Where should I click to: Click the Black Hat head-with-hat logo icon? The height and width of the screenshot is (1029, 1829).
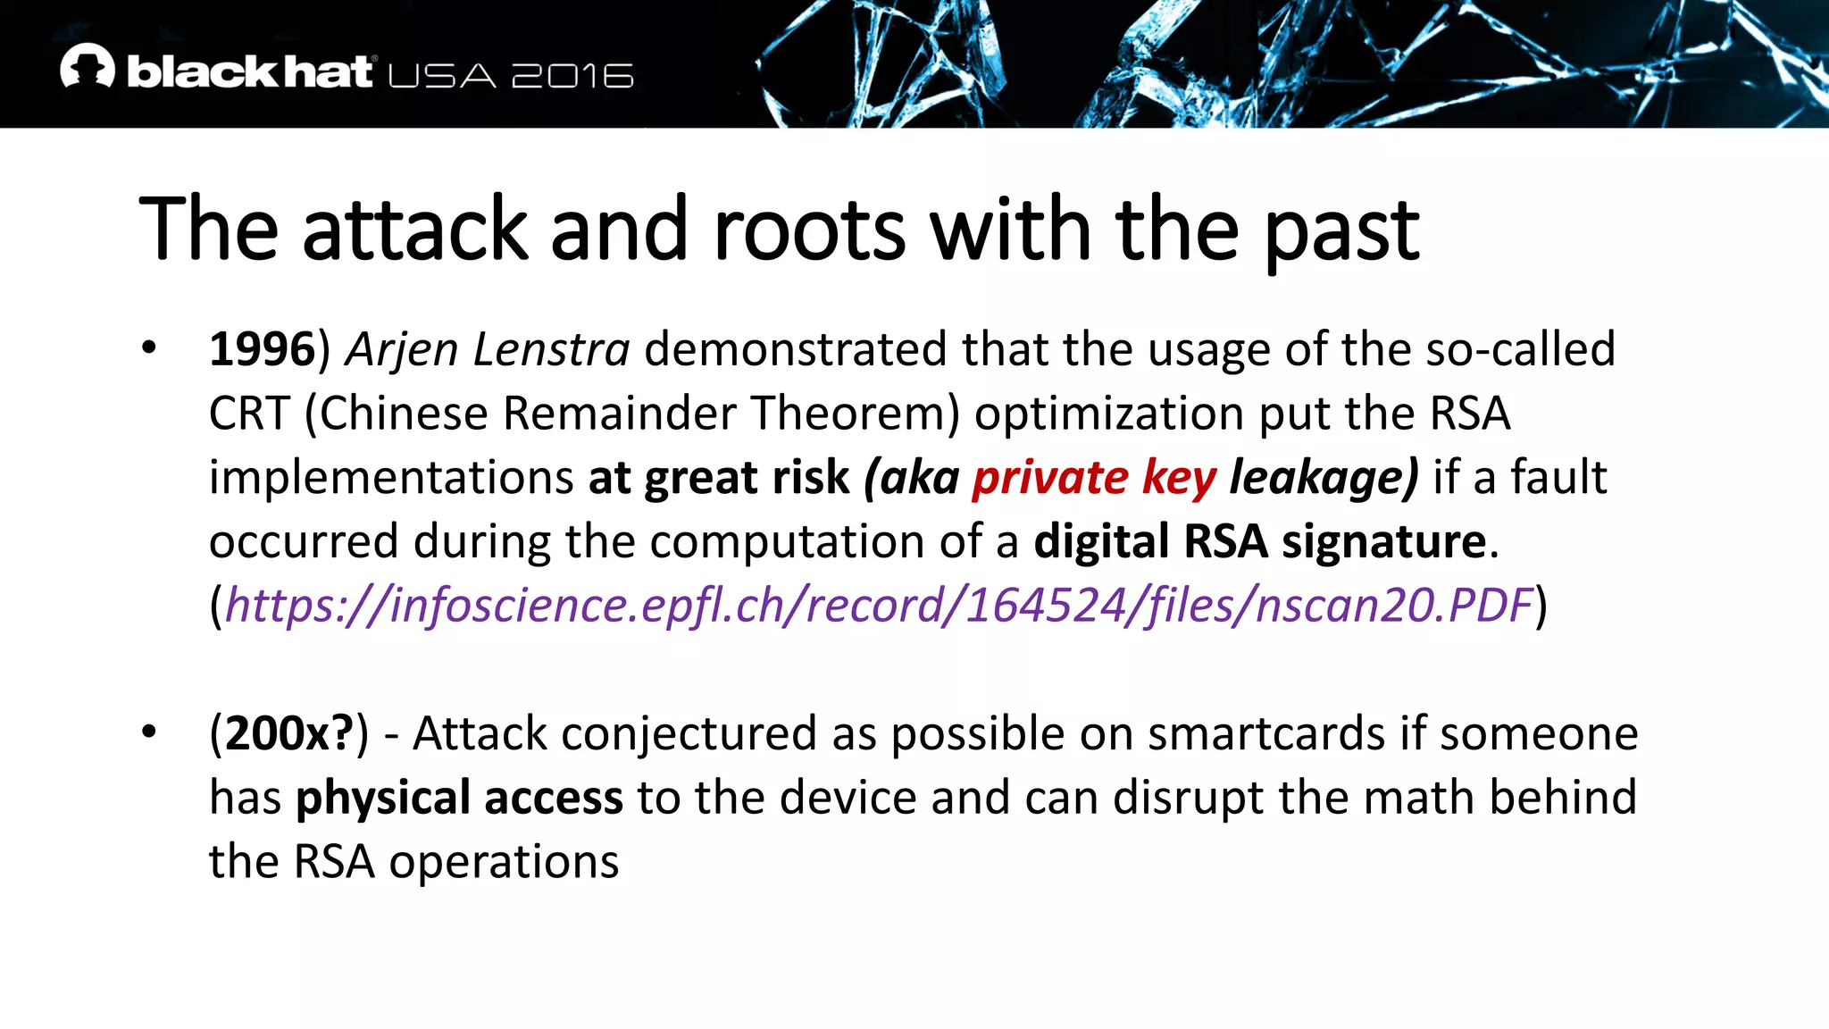tap(88, 66)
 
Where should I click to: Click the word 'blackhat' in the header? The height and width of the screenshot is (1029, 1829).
tap(249, 71)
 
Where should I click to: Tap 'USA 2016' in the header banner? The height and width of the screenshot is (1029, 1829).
tap(511, 76)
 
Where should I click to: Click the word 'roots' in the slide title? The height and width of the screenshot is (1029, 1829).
tap(809, 230)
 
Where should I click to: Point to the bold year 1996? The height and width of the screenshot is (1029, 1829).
tap(262, 348)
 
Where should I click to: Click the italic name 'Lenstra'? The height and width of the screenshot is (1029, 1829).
tap(551, 348)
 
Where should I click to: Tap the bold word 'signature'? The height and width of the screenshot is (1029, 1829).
tap(1384, 541)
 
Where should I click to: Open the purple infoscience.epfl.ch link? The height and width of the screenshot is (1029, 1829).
tap(879, 606)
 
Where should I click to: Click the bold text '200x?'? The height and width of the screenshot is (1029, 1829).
tap(289, 733)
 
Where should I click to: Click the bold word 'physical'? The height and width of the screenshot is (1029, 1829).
tap(383, 798)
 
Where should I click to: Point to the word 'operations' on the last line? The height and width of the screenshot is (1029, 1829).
tap(504, 862)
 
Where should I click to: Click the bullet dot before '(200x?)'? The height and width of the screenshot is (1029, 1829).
tap(148, 732)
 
